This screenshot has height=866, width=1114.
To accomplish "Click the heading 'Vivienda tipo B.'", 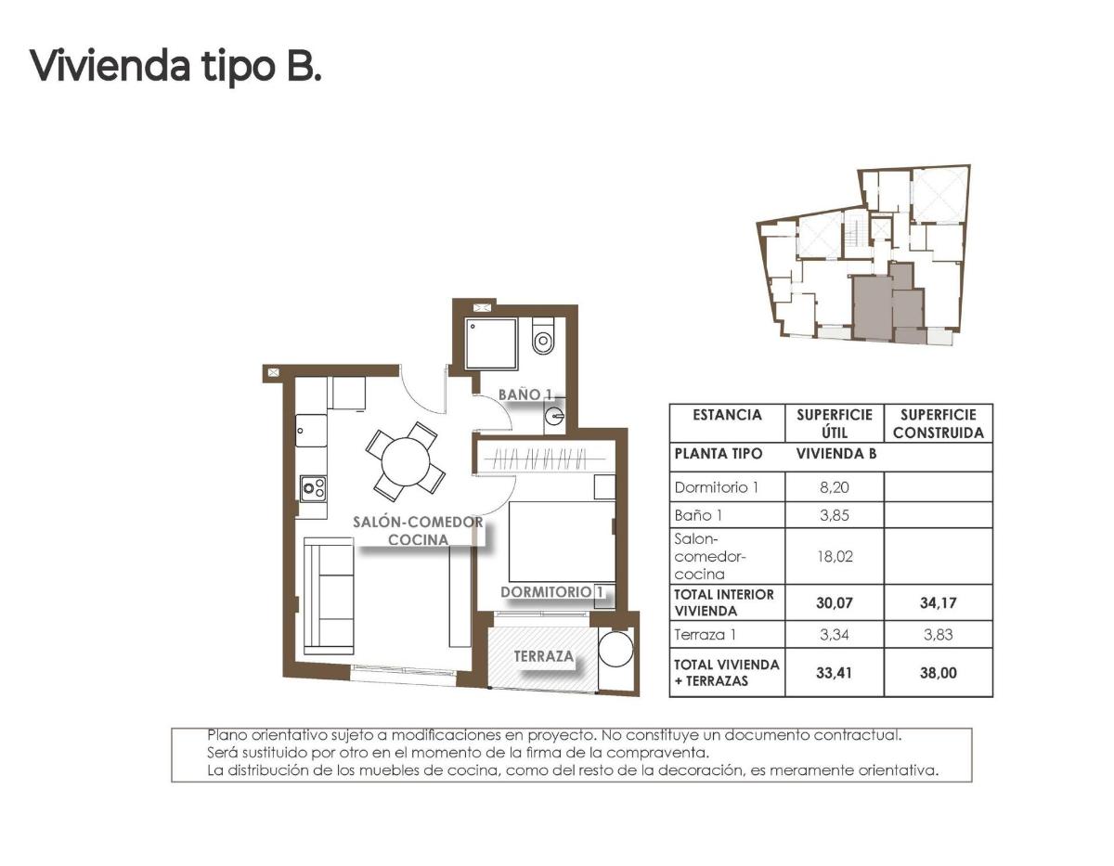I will coord(176,67).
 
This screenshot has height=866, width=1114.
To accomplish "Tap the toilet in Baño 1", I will coord(543,338).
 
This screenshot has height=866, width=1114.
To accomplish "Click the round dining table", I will coord(406,459).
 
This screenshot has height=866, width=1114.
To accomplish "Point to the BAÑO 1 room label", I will coord(525,394).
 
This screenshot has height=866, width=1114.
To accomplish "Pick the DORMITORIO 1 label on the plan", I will coord(553,591).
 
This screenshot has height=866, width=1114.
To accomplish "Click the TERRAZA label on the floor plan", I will coord(543,656).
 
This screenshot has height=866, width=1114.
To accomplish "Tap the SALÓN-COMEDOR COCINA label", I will coord(418,530).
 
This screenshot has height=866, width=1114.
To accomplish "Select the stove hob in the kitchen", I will coord(313,486).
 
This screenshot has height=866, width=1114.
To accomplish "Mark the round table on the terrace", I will coord(615,649).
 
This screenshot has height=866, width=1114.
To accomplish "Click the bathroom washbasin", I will coord(555,416).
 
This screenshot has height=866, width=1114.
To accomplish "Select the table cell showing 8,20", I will coord(834,485).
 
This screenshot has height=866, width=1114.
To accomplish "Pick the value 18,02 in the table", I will coord(834,556).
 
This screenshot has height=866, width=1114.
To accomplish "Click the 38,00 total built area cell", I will coord(937,673).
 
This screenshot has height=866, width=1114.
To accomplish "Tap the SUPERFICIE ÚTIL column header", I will coord(834,423).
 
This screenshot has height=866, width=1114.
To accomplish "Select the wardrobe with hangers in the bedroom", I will coord(542,457).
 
